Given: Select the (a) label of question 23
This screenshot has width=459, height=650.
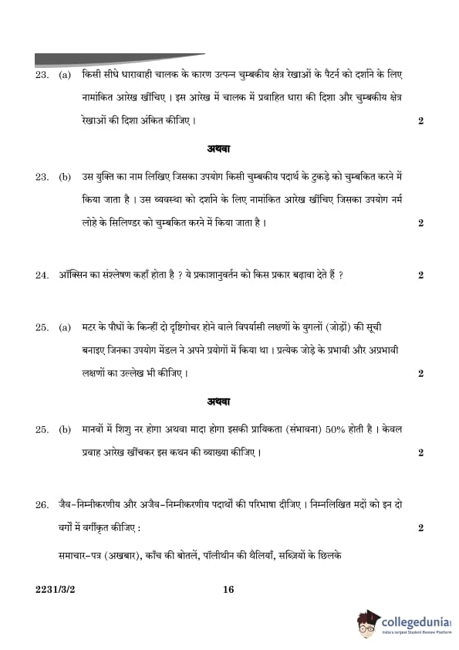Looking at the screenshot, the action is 65,76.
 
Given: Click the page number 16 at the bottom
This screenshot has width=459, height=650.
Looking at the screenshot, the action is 228,590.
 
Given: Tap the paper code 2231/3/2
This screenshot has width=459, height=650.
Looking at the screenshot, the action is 52,590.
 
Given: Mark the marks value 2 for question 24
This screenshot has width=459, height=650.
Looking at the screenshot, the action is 420,275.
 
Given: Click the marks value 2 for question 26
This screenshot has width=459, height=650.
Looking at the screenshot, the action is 420,528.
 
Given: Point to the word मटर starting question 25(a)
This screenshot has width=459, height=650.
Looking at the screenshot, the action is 92,327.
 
